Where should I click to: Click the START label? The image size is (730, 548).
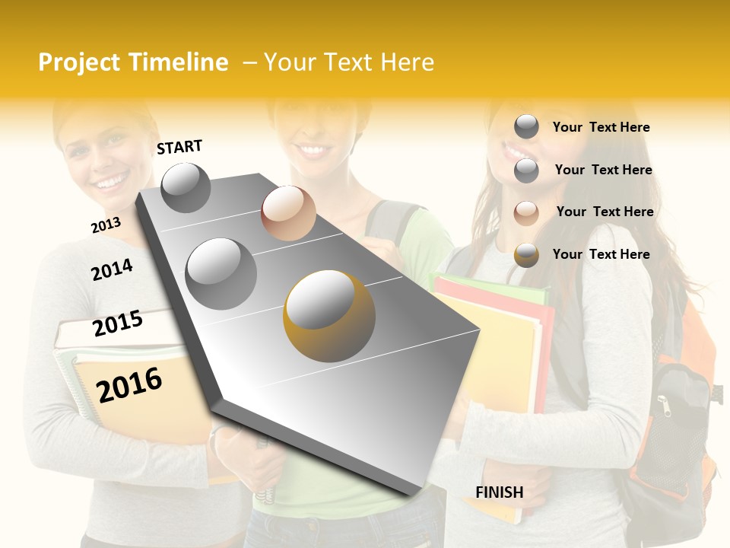click(x=179, y=147)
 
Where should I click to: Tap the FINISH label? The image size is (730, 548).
click(x=499, y=492)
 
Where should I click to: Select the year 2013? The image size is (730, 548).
click(x=106, y=225)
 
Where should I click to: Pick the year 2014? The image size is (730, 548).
click(x=112, y=269)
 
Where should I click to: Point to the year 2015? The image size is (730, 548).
click(x=118, y=323)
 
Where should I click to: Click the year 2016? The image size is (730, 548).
click(x=129, y=384)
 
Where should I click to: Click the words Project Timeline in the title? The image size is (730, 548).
click(x=133, y=62)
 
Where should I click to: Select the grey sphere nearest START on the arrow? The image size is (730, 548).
click(x=186, y=187)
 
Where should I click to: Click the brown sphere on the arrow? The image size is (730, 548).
click(x=288, y=212)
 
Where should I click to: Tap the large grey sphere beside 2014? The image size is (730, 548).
click(x=221, y=273)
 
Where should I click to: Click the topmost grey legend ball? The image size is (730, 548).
click(x=526, y=127)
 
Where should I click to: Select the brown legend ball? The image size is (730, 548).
click(x=526, y=212)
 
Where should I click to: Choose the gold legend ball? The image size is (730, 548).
click(x=526, y=255)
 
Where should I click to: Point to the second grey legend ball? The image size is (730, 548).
click(x=526, y=170)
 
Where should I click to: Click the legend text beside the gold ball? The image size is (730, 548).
click(x=601, y=254)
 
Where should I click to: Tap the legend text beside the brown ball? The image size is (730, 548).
click(x=605, y=212)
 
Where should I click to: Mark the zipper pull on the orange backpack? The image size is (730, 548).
click(x=665, y=406)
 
